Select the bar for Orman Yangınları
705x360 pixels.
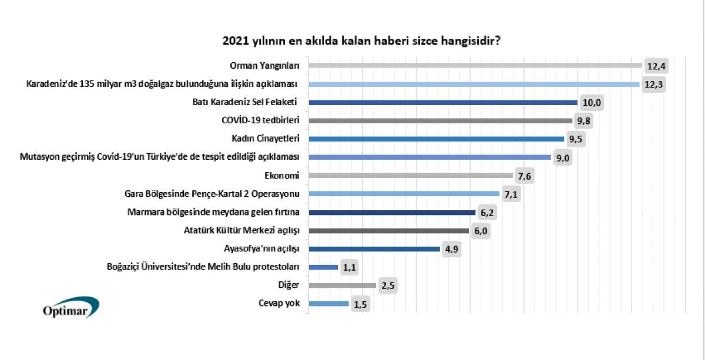click(475, 65)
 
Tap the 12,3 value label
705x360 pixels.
click(653, 85)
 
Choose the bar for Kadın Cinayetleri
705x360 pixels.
click(436, 139)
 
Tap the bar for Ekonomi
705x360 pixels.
click(410, 176)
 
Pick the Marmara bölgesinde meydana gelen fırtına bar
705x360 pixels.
click(391, 212)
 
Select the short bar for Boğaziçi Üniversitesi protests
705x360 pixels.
click(323, 267)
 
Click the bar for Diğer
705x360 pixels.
click(342, 285)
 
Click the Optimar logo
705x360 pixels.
click(70, 308)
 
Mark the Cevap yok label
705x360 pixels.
click(280, 304)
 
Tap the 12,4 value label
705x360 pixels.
click(656, 66)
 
